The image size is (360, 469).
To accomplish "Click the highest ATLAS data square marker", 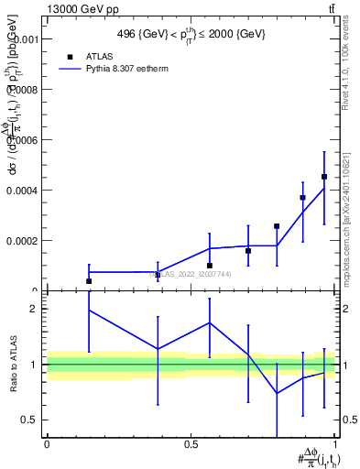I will [x=324, y=176].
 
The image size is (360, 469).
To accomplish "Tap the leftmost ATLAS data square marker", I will [x=89, y=281].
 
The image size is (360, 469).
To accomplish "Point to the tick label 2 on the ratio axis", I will [x=34, y=310].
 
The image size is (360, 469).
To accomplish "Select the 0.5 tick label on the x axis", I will [x=191, y=444].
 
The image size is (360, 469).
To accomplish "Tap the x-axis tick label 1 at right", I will [x=336, y=444].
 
